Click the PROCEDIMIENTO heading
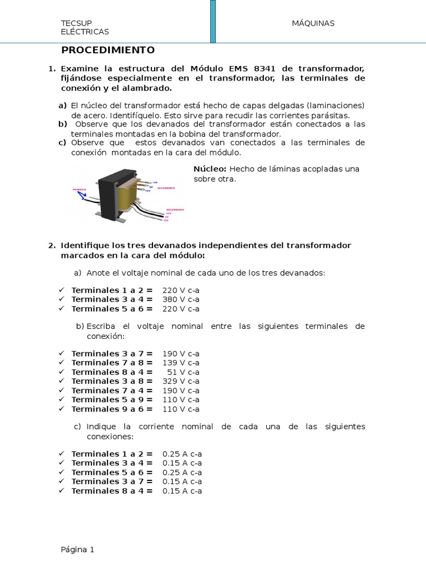click(x=108, y=50)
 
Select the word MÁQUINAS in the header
click(x=313, y=23)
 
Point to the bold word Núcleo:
click(x=210, y=169)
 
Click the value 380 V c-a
click(x=180, y=300)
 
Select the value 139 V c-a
click(x=180, y=363)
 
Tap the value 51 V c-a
click(x=182, y=372)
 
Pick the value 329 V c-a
click(x=180, y=381)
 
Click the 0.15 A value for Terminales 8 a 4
click(x=182, y=491)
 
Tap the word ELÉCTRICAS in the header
click(x=85, y=32)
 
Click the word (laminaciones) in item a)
click(x=337, y=106)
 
